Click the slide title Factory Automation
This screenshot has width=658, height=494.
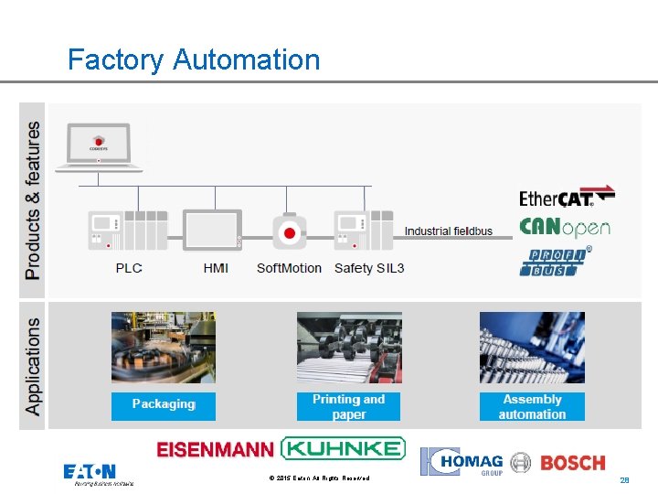coord(194,60)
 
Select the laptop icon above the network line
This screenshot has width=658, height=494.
coord(100,148)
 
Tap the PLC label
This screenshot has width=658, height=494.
coord(129,268)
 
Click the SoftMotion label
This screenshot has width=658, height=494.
coord(289,268)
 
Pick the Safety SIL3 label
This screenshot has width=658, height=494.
coord(369,268)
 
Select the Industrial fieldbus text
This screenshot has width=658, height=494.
coord(448,231)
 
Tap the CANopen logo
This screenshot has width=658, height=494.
coord(564,227)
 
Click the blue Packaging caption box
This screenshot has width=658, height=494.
coord(164,404)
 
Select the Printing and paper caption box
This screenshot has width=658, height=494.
coord(348,406)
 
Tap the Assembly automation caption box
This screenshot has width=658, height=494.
coord(532,406)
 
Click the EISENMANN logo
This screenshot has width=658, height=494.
coord(215,449)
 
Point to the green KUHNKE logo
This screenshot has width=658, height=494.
coord(343,448)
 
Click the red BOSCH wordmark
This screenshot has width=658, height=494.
coord(573,463)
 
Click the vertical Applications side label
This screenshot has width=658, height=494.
coord(33,366)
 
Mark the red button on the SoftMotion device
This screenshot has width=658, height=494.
coord(290,233)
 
